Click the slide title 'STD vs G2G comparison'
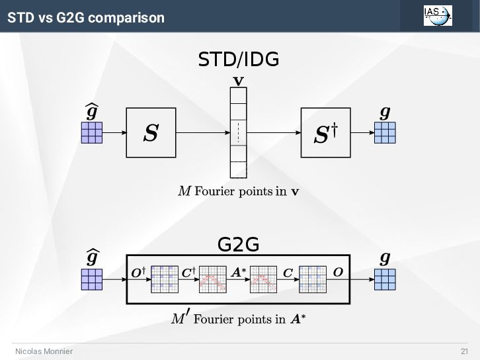point(86,17)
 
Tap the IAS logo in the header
point(438,15)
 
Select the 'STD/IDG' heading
point(239,60)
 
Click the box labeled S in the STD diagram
point(151,133)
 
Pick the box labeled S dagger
point(326,133)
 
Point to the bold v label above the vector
point(239,81)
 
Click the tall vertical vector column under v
point(239,133)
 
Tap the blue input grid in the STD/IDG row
point(92,133)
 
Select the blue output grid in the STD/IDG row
point(385,133)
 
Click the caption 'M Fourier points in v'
point(239,192)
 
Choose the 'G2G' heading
point(238,245)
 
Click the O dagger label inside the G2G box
point(138,272)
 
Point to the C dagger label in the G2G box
point(188,272)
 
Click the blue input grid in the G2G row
point(92,279)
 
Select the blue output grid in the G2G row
point(385,279)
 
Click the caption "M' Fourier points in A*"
point(239,319)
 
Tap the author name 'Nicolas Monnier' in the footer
point(44,351)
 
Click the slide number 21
point(464,351)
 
